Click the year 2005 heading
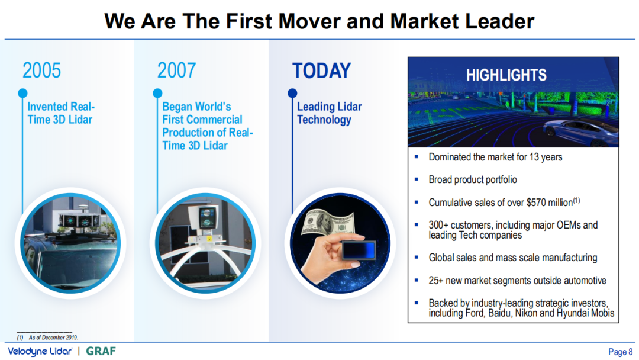(41, 70)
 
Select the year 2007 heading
(176, 70)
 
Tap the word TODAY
(321, 70)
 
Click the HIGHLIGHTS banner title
(506, 75)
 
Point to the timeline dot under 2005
(23, 94)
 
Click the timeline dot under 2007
(158, 94)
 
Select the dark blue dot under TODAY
(292, 94)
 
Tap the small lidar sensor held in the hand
(358, 249)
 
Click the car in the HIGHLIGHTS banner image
(581, 131)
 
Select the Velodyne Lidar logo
(40, 351)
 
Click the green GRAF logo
(101, 351)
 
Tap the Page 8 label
(620, 352)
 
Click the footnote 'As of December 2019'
(53, 337)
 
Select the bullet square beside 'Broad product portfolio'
(416, 179)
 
